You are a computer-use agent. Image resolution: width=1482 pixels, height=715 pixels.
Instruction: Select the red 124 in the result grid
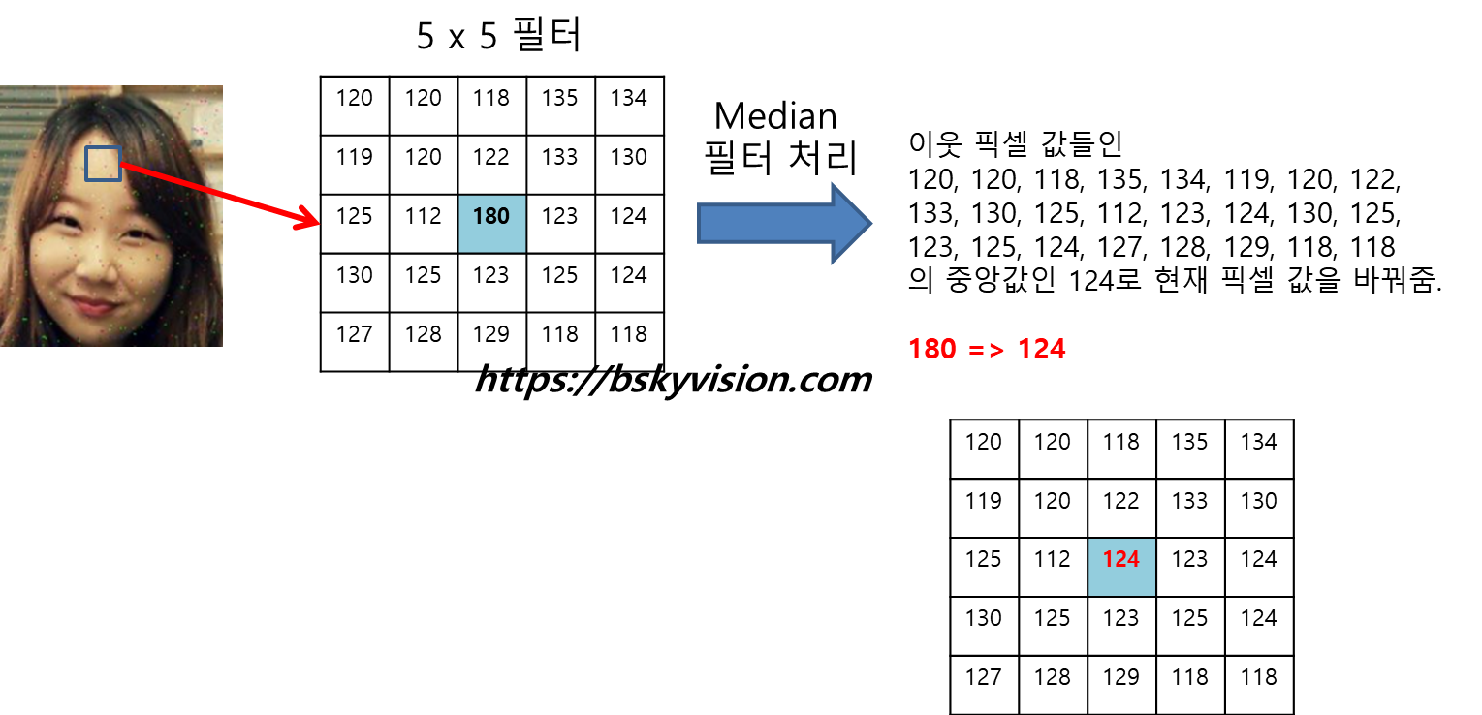(1121, 559)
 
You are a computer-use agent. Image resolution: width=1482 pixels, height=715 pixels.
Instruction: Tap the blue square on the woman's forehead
(102, 164)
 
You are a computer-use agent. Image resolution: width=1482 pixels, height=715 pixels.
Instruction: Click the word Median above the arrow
(774, 116)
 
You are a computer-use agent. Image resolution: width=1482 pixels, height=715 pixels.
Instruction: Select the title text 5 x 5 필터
(499, 37)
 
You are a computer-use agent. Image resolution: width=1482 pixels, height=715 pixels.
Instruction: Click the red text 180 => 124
(987, 349)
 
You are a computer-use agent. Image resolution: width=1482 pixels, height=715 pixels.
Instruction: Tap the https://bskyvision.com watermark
(673, 380)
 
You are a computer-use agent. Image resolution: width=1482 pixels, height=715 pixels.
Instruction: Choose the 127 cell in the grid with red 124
(984, 677)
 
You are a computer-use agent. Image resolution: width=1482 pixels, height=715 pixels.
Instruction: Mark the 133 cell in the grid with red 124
(1190, 501)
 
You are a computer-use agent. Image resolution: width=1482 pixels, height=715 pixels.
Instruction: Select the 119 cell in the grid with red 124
(984, 501)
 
